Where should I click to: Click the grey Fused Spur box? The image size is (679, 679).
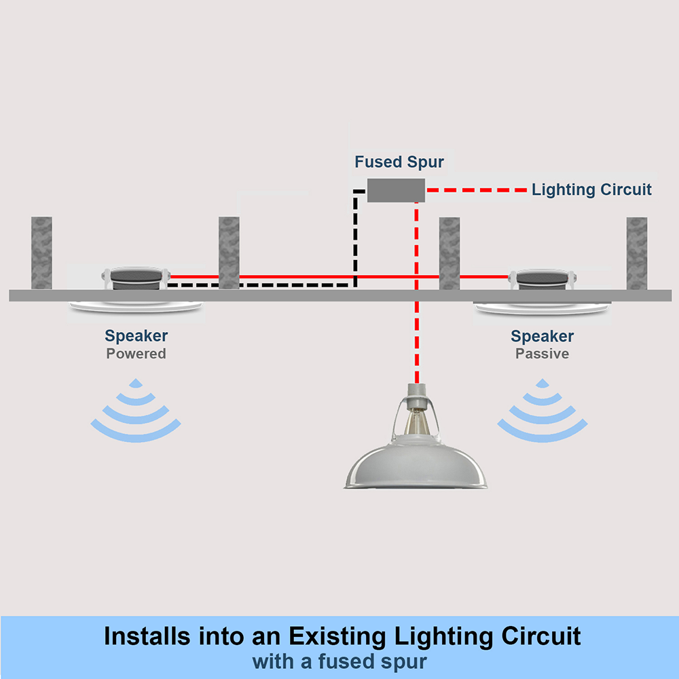tap(396, 190)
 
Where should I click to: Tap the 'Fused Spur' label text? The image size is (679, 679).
tap(399, 163)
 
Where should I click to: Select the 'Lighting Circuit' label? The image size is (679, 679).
tap(591, 189)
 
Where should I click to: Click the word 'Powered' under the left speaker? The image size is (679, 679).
tap(136, 354)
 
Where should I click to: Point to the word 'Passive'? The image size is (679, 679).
tap(542, 354)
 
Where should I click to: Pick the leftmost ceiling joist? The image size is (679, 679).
tap(41, 253)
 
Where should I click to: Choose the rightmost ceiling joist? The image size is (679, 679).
tap(636, 253)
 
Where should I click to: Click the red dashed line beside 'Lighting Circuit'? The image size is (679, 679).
tap(475, 189)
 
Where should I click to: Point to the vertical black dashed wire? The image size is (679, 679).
tap(354, 238)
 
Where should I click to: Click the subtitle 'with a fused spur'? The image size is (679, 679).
tap(339, 661)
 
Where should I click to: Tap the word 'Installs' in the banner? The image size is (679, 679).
tap(145, 637)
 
